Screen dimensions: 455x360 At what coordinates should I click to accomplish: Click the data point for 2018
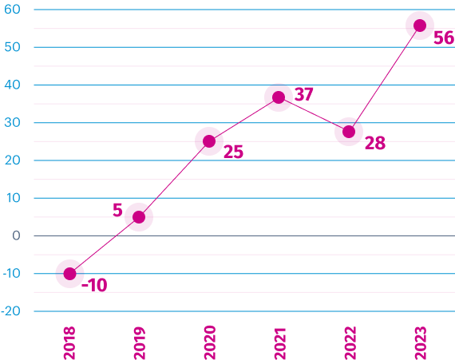pos(70,274)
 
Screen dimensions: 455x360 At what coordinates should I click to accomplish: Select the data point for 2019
pos(139,217)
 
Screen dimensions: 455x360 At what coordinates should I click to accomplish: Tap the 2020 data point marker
pos(209,141)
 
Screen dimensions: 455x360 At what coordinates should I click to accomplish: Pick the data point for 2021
pos(279,97)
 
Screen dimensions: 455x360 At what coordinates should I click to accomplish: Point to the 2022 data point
pos(349,132)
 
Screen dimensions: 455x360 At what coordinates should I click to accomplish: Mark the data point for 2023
pos(420,26)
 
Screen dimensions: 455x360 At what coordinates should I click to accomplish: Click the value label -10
pos(94,285)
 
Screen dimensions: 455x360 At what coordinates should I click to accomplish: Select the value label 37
pos(304,94)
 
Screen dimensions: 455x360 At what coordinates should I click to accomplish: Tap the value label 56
pos(444,38)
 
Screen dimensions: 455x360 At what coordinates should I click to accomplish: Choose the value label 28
pos(375,143)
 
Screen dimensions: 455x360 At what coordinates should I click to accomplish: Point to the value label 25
pos(233,152)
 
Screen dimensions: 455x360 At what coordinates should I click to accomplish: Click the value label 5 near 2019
pos(117,210)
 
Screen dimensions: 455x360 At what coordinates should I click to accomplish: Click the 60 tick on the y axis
pos(12,10)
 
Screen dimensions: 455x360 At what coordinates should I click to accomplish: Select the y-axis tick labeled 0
pos(16,235)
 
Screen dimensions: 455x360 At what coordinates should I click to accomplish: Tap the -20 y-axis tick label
pos(10,311)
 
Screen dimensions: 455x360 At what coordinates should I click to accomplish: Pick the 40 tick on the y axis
pos(12,85)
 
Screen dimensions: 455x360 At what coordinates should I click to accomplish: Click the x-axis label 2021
pos(280,344)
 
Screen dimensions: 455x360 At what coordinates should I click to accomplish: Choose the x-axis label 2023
pos(421,343)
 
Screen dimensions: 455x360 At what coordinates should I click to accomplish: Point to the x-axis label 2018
pos(69,343)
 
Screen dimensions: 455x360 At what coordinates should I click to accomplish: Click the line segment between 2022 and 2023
pos(384,78)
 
